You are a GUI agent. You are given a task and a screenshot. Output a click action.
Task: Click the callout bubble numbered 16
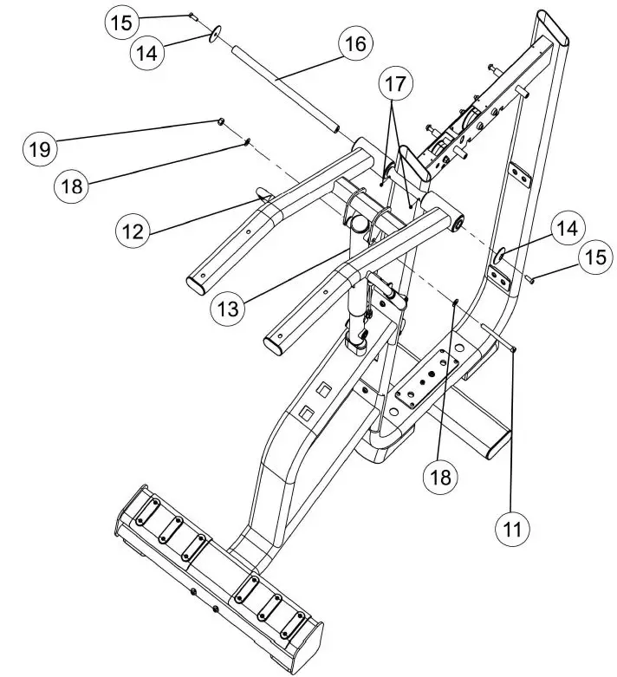coord(354,43)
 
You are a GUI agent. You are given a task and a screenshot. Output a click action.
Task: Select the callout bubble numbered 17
coord(395,84)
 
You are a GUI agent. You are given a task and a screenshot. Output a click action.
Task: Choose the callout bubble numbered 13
coord(226,306)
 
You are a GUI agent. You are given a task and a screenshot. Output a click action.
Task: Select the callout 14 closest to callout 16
coord(148,52)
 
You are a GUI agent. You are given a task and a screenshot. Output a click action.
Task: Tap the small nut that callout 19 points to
coord(221,120)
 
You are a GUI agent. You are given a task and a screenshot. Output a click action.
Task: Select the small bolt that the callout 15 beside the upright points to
coord(529,277)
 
